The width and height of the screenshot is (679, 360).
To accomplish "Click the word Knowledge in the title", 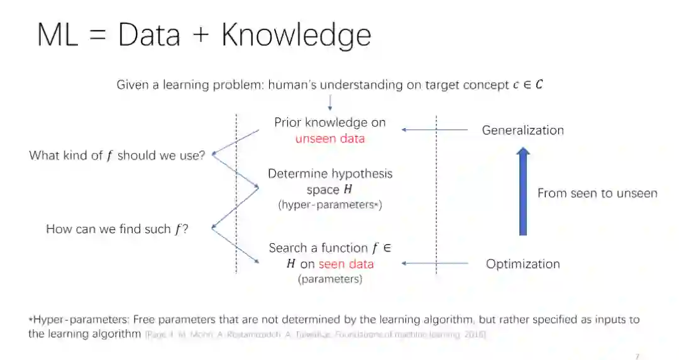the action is tap(295, 36).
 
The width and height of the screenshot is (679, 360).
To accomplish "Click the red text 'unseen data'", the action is tap(329, 139).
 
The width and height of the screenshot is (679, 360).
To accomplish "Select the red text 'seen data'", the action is tap(346, 264).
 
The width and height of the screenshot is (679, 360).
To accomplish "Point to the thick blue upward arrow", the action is tap(522, 192).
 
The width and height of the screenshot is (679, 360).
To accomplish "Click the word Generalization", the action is tap(522, 130).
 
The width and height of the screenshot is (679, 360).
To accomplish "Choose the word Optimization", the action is tap(522, 264).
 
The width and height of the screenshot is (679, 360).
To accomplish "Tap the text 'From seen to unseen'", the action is tap(597, 194).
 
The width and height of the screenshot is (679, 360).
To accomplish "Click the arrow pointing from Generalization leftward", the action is tap(434, 130).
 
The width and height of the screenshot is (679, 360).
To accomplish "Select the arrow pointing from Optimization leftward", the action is tap(434, 264).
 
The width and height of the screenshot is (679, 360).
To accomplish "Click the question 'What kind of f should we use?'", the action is tap(117, 156).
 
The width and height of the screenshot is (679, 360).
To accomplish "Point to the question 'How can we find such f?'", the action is tap(118, 229).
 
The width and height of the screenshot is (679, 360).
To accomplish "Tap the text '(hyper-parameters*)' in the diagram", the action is tap(329, 205).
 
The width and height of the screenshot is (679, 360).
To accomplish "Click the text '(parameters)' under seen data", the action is tap(329, 279).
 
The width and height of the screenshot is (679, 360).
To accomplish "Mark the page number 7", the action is tap(637, 356).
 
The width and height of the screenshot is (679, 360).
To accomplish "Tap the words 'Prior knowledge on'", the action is tap(329, 123).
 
